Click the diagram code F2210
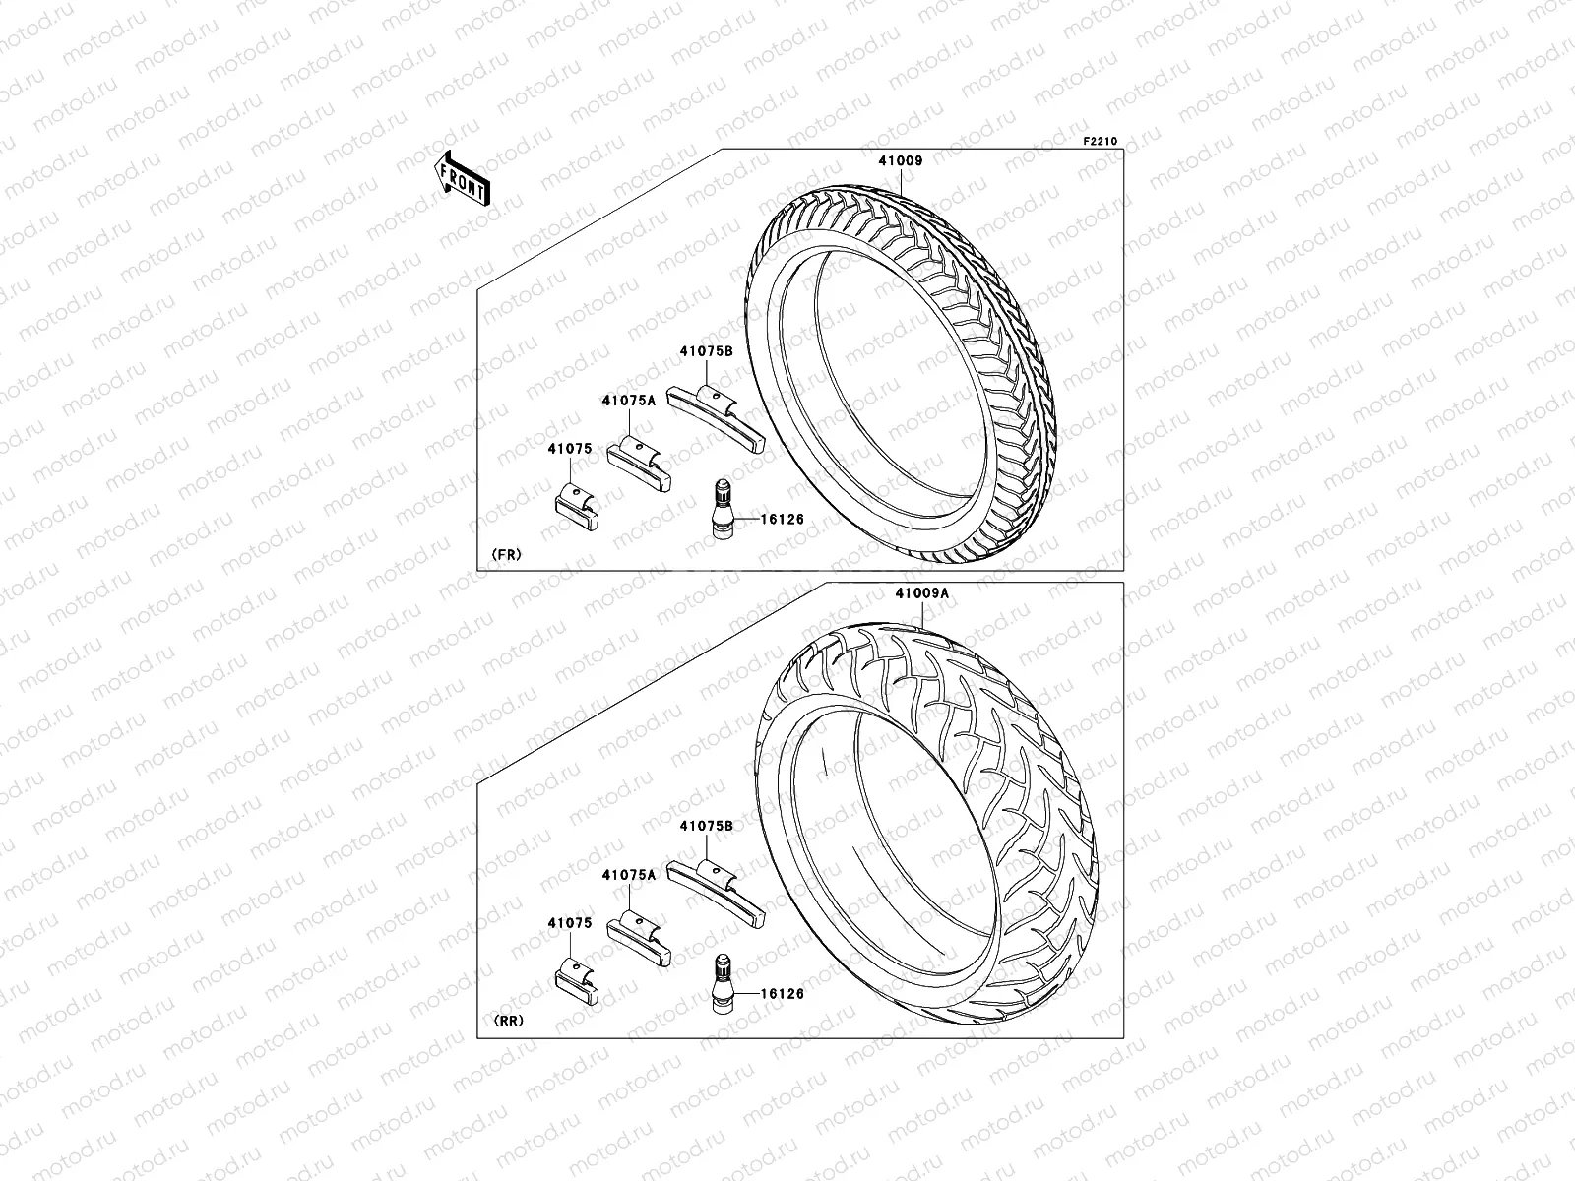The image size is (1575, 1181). pyautogui.click(x=1101, y=142)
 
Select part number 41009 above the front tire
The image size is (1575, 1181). pyautogui.click(x=901, y=160)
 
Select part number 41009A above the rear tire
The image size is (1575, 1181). pyautogui.click(x=922, y=594)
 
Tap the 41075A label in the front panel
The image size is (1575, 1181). pyautogui.click(x=629, y=400)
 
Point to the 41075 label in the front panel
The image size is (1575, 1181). pyautogui.click(x=571, y=449)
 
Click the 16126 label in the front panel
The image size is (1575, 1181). pyautogui.click(x=783, y=518)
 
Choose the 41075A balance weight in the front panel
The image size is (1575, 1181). pyautogui.click(x=641, y=466)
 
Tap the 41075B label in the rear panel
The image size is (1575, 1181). pyautogui.click(x=706, y=827)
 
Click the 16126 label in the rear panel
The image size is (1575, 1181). pyautogui.click(x=783, y=994)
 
